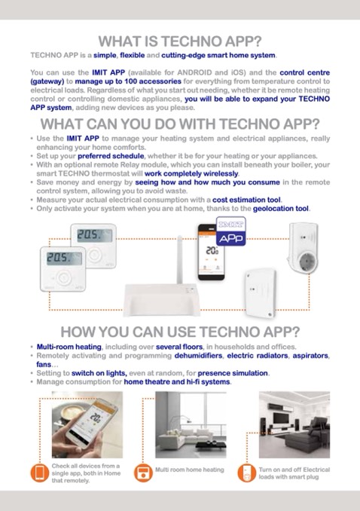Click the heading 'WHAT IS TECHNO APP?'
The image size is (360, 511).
[180, 41]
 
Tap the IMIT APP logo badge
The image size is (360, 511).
[231, 231]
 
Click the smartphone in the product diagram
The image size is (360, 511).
[211, 252]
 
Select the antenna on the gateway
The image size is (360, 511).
[179, 260]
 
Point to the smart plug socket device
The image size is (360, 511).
[303, 247]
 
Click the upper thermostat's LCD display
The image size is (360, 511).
[94, 236]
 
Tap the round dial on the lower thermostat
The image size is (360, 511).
[63, 278]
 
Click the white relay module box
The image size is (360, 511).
[261, 292]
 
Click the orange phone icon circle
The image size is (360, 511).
[40, 473]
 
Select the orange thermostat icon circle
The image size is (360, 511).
[143, 473]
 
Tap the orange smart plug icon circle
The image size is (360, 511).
[246, 473]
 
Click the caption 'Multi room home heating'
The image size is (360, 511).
[190, 470]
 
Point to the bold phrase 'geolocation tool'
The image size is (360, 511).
[281, 209]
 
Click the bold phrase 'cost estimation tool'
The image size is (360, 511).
[246, 200]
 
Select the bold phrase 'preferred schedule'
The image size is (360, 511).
[111, 156]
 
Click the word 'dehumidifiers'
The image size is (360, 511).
[198, 356]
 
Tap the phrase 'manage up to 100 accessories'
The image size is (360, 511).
[128, 81]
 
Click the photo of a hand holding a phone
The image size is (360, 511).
[87, 424]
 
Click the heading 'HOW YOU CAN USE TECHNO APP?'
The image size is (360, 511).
[180, 332]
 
